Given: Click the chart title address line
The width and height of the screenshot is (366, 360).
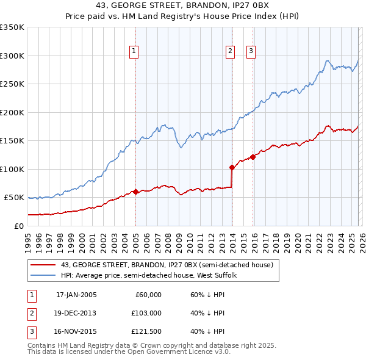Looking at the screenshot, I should [182, 6].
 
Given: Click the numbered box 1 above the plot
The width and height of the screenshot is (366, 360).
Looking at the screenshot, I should [134, 52].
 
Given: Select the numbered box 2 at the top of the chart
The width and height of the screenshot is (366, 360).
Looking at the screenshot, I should [231, 52].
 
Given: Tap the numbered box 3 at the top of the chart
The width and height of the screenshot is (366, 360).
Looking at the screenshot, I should [251, 52].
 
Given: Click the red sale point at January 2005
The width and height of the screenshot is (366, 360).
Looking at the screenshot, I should [135, 192].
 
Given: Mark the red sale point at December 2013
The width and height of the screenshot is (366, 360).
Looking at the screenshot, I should [232, 167].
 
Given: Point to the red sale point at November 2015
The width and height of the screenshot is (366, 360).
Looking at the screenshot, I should [253, 156].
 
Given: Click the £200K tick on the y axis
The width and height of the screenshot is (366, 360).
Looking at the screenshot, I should [12, 112].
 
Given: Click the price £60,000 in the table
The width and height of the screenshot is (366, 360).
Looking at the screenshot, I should [147, 295].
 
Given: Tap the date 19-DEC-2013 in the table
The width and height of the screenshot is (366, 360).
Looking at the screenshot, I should [76, 313].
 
